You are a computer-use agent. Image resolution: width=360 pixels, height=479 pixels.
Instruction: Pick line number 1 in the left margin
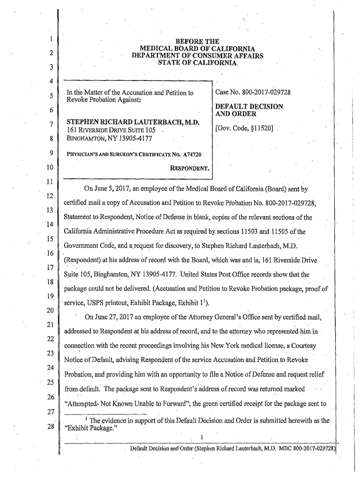click(50, 39)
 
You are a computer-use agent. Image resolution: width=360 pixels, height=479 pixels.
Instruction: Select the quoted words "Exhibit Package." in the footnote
click(93, 428)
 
